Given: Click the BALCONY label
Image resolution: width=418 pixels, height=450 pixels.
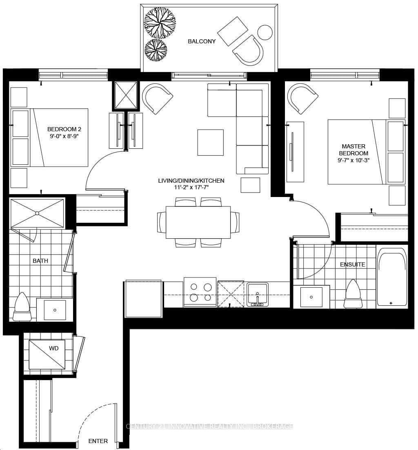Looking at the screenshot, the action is coord(202,41).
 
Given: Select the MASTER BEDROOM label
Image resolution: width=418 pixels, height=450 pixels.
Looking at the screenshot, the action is coord(354,150).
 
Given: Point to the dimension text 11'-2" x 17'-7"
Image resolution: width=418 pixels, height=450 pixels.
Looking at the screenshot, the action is coord(191,188).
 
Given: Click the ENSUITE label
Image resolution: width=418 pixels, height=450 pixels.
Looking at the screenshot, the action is coord(353,264).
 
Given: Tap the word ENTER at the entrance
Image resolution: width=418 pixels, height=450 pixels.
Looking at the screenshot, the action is coord(98,441).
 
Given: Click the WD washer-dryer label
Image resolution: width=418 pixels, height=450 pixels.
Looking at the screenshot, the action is coord(53,348).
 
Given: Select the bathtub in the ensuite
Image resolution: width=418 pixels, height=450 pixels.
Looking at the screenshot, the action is coord(392,277).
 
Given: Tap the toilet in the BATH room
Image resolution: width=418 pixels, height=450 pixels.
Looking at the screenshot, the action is coord(22,307).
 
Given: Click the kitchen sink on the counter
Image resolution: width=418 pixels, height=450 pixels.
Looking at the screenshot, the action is coord(258,295).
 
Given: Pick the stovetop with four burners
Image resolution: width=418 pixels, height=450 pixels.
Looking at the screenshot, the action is coord(200,292).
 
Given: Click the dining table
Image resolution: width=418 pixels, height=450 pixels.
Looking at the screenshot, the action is coord(198,222).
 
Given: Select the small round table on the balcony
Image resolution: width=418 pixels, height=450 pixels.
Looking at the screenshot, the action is coord(265,32).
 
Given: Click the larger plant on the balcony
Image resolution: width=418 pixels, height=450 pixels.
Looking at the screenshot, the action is coord(160,22).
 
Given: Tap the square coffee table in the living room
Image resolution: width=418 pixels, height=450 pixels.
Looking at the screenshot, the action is coord(211,142).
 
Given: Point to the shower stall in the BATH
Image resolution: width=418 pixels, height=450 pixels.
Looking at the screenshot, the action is coord(37,213).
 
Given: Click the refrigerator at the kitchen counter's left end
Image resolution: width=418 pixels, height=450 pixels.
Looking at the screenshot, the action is coord(143,299).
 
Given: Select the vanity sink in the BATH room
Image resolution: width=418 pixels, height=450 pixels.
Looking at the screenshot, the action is coord(55,310).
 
